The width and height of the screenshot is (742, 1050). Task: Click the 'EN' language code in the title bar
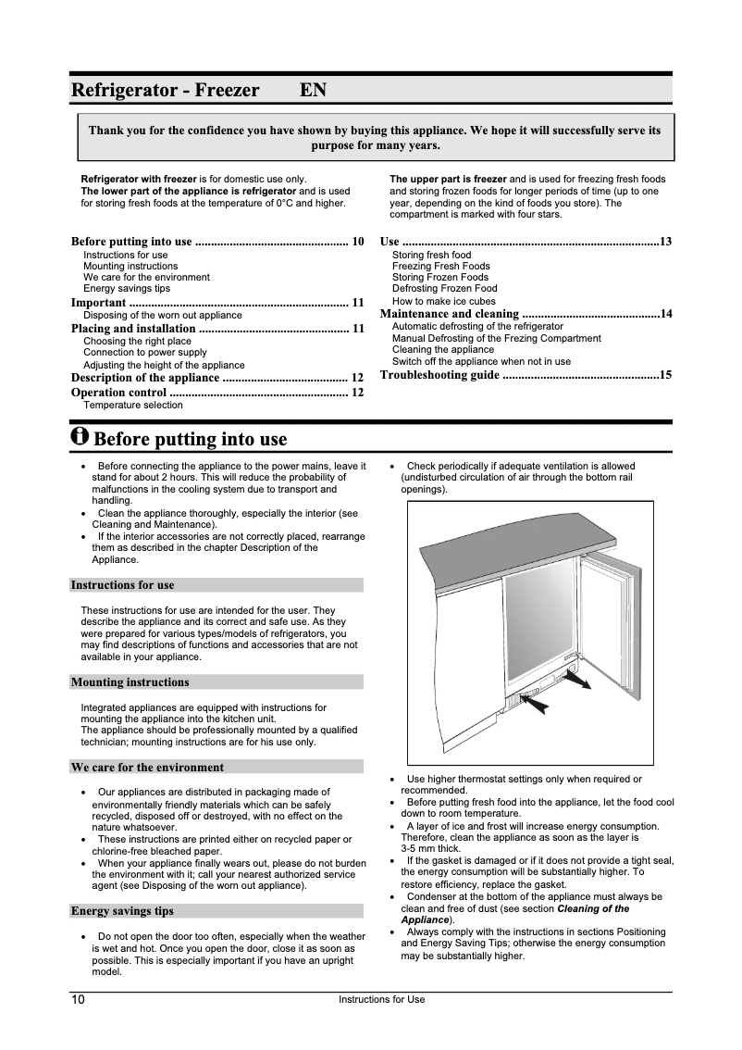312,91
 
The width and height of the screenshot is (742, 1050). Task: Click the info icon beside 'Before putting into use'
80,436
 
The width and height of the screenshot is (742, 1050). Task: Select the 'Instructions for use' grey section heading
123,585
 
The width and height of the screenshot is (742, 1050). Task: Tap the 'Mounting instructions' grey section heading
130,682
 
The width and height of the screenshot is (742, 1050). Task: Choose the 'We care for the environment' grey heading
148,768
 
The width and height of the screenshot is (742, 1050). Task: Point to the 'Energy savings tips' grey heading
123,911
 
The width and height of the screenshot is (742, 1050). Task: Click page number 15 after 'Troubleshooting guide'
665,375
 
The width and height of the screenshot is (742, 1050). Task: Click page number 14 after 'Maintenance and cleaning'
665,315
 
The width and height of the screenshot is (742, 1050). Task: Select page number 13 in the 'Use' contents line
665,242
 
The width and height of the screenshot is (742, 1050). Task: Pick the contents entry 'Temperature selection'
133,405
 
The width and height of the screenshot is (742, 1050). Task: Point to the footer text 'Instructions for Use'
382,1000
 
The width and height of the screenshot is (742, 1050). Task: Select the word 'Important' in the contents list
99,303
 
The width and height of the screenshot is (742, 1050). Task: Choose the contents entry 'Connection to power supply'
145,353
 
